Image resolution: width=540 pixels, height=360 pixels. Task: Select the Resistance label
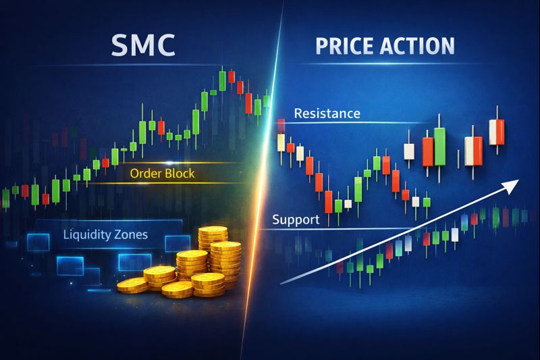[x=327, y=113]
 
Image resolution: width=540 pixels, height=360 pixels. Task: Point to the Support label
[x=294, y=220]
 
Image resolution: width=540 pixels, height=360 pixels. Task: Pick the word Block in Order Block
[x=179, y=174]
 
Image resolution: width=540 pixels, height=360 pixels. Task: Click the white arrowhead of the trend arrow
[x=513, y=182]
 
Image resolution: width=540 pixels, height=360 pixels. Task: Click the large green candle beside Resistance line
[x=441, y=147]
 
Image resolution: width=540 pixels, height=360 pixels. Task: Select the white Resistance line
[x=405, y=122]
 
